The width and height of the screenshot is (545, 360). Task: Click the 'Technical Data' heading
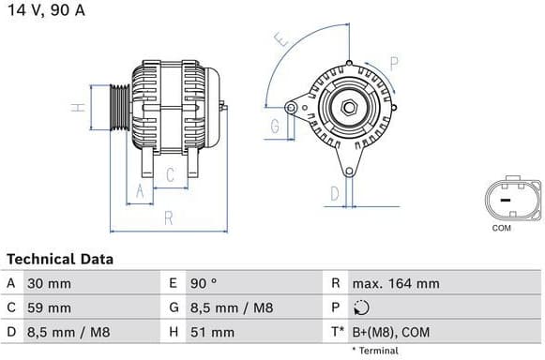(60, 259)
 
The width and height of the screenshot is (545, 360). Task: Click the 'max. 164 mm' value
(395, 283)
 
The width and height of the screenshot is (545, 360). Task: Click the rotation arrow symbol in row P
(362, 307)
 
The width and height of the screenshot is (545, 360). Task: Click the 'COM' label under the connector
(502, 228)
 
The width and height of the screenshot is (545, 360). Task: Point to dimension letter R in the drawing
(168, 217)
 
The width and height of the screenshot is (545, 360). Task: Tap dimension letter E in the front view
(280, 40)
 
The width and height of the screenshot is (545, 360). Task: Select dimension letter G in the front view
(276, 126)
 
